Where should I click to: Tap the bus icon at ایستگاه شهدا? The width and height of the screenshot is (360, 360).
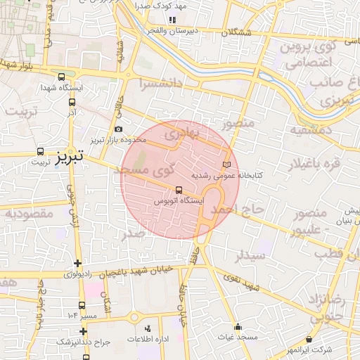pyautogui.click(x=62, y=77)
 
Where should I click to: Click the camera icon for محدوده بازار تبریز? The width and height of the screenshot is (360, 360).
pyautogui.click(x=118, y=129)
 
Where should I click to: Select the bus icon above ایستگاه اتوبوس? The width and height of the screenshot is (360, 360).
pyautogui.click(x=179, y=190)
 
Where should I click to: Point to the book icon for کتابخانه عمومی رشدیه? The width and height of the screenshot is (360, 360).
pyautogui.click(x=226, y=165)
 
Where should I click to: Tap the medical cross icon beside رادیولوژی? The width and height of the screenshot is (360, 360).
pyautogui.click(x=77, y=263)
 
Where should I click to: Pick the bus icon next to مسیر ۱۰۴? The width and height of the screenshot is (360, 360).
pyautogui.click(x=82, y=305)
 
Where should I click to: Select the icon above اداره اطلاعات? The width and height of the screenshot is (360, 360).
pyautogui.click(x=148, y=328)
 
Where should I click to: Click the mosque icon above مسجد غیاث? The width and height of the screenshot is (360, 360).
pyautogui.click(x=238, y=327)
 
